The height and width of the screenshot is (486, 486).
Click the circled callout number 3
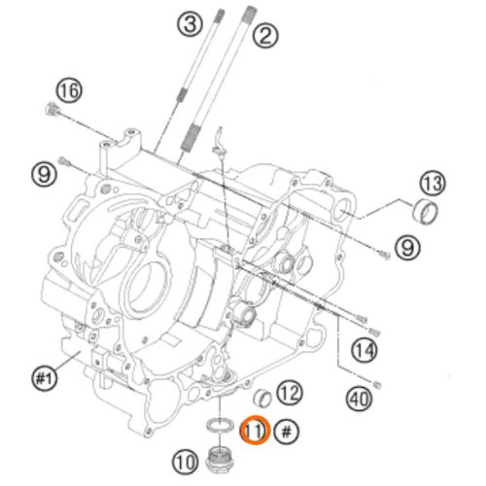(191, 24)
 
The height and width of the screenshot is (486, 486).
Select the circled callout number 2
(265, 35)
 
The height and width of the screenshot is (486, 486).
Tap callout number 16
(69, 90)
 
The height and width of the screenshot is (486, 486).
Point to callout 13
(433, 183)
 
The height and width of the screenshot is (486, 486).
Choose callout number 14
(364, 350)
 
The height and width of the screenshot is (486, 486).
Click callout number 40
(360, 399)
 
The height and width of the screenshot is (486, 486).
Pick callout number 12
(290, 393)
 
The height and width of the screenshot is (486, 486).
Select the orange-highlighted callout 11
(255, 431)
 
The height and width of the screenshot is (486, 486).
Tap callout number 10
(185, 461)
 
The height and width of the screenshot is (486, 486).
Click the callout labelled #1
(45, 378)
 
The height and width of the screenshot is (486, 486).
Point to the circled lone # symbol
(287, 432)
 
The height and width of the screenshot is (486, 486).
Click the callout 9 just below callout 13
(407, 248)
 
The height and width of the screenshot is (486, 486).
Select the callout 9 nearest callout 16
(44, 175)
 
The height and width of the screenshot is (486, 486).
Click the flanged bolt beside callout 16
(52, 110)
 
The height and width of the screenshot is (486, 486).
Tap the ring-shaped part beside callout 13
(425, 211)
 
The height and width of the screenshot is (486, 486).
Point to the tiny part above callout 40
(377, 385)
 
